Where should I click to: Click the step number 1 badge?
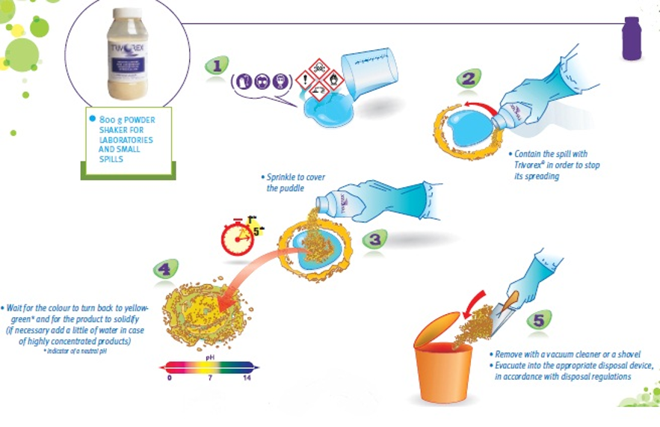[x=216, y=66]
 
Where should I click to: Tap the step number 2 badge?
[x=469, y=78]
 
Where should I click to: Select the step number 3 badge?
[x=374, y=239]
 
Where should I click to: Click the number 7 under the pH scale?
[x=211, y=378]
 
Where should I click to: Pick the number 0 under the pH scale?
[x=170, y=378]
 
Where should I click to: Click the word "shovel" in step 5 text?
[x=626, y=354]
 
